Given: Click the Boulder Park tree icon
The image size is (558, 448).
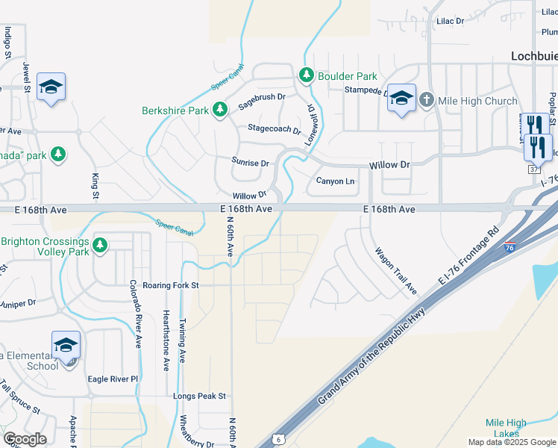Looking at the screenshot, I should click(306, 75).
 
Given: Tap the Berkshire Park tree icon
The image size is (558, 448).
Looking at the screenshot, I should click(219, 111).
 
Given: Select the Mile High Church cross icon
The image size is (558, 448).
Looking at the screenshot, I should click(426, 100).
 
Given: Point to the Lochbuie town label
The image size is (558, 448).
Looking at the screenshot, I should click(534, 55).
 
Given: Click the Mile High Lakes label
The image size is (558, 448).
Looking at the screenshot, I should click(506, 428).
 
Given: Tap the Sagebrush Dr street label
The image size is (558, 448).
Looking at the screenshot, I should click(262, 102).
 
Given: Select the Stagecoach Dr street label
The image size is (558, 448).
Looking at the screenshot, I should click(274, 128).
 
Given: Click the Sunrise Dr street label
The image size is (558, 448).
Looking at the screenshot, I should click(250, 162).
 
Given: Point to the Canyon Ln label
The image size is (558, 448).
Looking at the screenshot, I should click(335, 181).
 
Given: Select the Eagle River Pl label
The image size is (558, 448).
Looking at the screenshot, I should click(113, 379).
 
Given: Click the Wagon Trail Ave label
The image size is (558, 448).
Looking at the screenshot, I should click(395, 270).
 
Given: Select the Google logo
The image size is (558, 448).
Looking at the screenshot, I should click(25, 438).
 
